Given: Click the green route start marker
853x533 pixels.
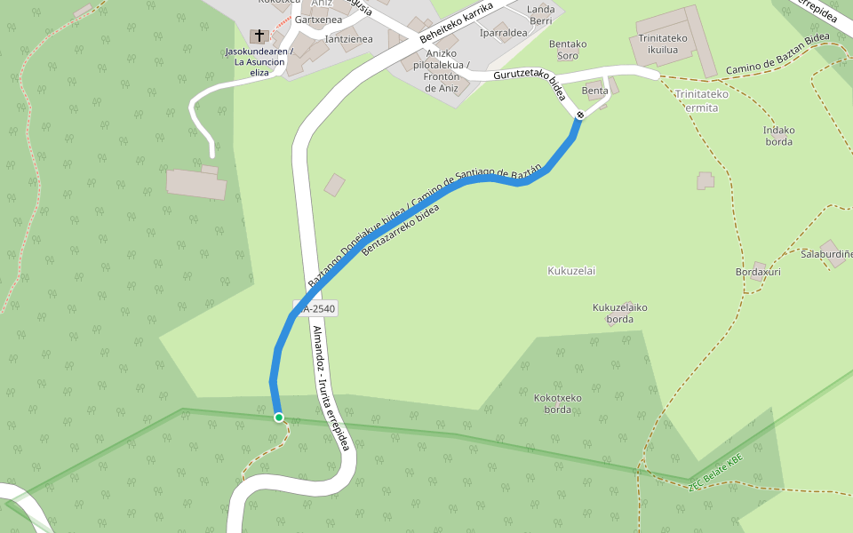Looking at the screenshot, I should click(x=279, y=418).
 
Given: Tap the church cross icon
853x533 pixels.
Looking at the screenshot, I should click(x=259, y=36).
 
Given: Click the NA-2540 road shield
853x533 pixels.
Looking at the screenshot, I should click(x=316, y=308).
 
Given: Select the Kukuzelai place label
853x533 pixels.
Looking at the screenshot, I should click(x=571, y=271).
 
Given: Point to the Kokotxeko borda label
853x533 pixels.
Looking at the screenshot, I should click(x=558, y=403).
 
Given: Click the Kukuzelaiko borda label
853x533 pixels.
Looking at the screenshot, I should click(x=620, y=314).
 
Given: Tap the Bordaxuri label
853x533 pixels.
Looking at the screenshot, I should click(x=758, y=272).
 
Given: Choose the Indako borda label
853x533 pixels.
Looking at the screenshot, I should click(x=779, y=136).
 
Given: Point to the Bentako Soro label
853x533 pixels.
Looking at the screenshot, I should click(x=568, y=50).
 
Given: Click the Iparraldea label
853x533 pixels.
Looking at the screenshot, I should click(x=504, y=34).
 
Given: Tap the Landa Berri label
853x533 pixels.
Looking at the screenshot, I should click(x=541, y=14).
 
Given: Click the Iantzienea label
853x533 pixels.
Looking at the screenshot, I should click(x=349, y=39).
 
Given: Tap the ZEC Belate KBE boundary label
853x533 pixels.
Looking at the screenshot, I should click(x=715, y=473).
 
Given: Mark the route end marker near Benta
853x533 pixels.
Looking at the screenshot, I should click(x=579, y=115).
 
